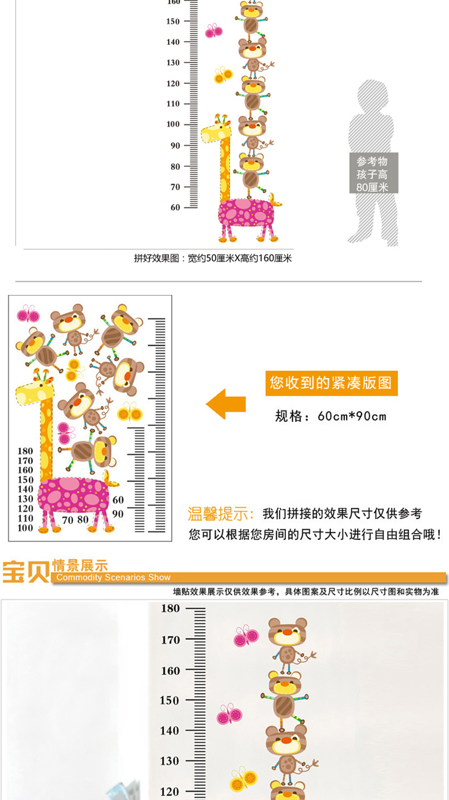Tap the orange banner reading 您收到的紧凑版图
tap(331, 383)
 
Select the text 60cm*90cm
tap(352, 416)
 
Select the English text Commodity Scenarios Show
tap(114, 577)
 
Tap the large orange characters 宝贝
tap(25, 571)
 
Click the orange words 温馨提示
tap(221, 514)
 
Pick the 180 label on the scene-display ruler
tap(171, 609)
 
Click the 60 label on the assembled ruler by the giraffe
tap(175, 207)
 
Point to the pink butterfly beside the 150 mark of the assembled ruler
tap(214, 31)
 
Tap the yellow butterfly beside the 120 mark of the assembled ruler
tap(223, 74)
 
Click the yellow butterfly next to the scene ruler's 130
tap(243, 779)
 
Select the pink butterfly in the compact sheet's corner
tap(27, 314)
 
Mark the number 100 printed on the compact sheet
tap(26, 528)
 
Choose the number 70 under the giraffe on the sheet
tap(68, 520)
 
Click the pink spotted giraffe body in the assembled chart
tap(246, 213)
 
